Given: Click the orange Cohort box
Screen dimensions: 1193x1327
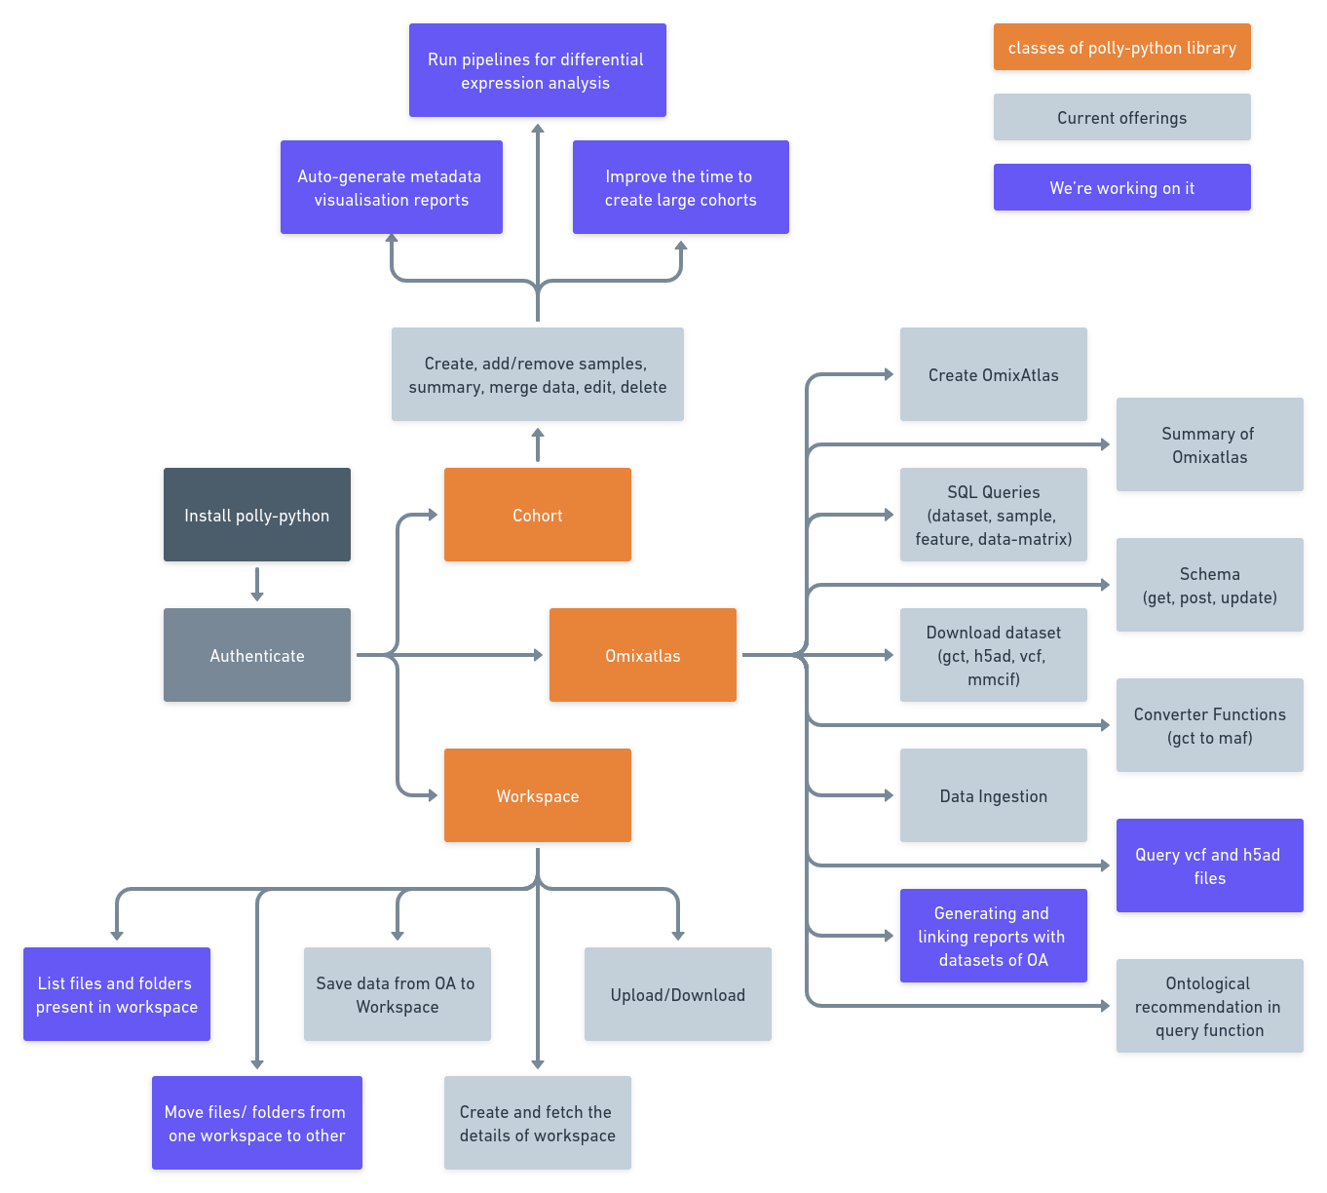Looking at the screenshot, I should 538,516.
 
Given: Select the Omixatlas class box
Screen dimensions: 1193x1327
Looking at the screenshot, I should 643,656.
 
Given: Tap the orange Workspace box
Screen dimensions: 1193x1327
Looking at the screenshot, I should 538,796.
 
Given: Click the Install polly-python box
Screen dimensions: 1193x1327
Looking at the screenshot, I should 257,516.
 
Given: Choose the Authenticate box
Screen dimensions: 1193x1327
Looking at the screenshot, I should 257,656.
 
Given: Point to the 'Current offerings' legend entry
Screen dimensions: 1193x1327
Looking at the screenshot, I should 1121,118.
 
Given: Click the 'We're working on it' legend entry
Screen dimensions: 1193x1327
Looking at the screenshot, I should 1121,188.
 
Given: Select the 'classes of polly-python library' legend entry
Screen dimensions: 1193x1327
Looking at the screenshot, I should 1121,48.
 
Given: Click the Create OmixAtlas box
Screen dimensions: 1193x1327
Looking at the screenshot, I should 993,375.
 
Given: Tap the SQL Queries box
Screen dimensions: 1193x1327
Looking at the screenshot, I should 993,516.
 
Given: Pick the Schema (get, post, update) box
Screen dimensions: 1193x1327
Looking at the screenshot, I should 1209,586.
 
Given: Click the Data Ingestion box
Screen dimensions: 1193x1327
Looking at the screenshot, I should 993,796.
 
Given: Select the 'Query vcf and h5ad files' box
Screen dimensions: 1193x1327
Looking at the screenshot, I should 1209,866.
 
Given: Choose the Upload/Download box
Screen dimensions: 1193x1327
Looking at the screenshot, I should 678,995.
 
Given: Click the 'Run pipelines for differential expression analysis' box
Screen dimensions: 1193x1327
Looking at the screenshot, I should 537,71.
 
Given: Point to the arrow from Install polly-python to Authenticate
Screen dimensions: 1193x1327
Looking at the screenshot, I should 257,585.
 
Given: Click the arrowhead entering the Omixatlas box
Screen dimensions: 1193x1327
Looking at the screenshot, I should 537,655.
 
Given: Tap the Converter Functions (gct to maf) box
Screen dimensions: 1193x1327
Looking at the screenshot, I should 1209,726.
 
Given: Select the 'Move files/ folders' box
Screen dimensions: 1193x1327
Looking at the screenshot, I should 257,1124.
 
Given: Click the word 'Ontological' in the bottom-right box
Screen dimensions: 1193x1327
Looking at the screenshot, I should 1207,983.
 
